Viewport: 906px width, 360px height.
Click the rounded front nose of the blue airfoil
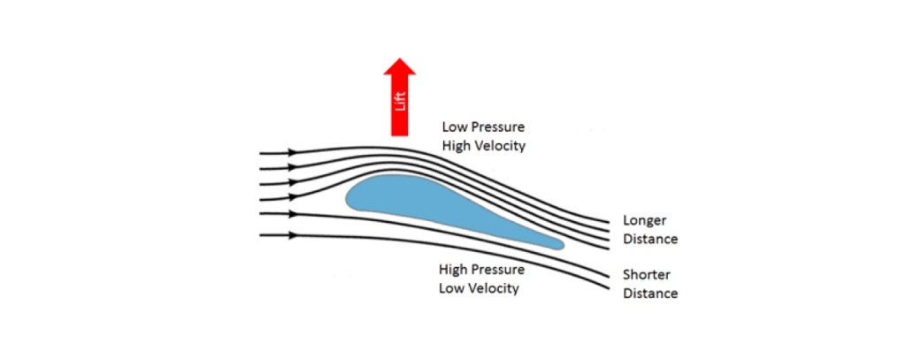click(x=350, y=196)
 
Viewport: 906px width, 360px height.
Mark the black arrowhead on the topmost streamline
click(x=292, y=153)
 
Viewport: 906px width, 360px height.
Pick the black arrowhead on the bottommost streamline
click(x=292, y=235)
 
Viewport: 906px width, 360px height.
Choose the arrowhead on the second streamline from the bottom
click(x=292, y=213)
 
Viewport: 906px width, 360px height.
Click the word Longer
click(x=644, y=220)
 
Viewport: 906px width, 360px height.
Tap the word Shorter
click(x=648, y=274)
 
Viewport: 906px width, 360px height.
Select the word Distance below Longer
click(x=650, y=239)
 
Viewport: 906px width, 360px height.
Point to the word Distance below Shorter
click(x=650, y=293)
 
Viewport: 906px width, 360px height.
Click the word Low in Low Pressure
click(x=455, y=127)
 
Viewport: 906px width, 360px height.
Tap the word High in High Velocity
click(x=457, y=146)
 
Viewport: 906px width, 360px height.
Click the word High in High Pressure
click(x=455, y=270)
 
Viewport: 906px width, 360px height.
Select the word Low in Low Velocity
click(x=451, y=288)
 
